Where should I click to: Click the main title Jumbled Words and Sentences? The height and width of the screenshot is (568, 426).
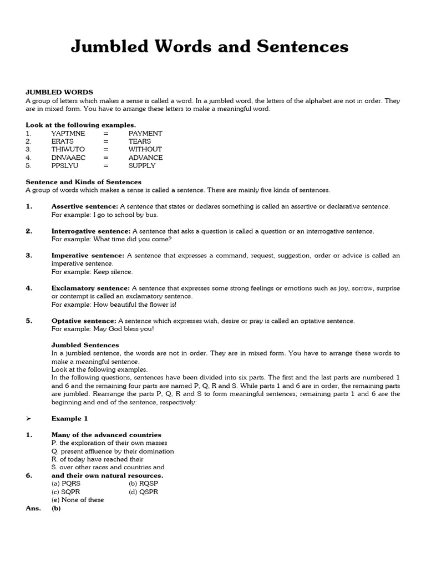click(210, 47)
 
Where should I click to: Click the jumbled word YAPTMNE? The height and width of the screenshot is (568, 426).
click(68, 133)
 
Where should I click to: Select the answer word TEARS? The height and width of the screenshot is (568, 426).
click(140, 141)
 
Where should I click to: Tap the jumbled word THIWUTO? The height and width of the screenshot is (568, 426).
click(68, 149)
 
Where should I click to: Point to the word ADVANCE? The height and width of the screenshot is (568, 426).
click(145, 158)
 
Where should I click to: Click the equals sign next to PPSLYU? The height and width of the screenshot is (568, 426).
click(105, 165)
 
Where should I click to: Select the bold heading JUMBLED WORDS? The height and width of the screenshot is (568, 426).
click(59, 92)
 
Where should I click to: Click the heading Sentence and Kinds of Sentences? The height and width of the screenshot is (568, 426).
click(84, 182)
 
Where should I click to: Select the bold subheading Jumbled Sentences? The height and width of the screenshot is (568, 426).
click(85, 345)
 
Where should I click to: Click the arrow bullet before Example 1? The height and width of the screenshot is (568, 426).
click(29, 419)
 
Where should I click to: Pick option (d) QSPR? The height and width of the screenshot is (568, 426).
click(143, 492)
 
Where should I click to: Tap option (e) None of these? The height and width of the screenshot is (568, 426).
click(78, 500)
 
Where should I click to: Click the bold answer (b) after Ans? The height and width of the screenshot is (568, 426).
click(56, 508)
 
